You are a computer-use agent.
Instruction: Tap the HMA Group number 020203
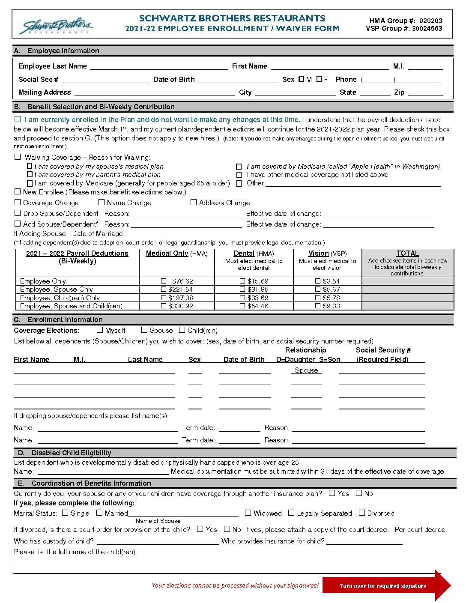click(x=430, y=21)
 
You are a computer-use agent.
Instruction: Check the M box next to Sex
click(x=302, y=79)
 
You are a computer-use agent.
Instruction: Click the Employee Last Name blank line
click(x=159, y=67)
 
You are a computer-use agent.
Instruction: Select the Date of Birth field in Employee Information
click(x=238, y=80)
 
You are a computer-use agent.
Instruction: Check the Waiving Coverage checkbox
click(x=18, y=157)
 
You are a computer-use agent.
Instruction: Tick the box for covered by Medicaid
click(x=239, y=167)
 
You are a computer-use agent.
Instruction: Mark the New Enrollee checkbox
click(x=18, y=192)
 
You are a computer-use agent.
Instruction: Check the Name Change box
click(x=102, y=202)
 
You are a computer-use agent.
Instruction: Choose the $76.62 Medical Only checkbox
click(x=164, y=281)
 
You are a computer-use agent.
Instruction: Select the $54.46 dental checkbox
click(x=243, y=306)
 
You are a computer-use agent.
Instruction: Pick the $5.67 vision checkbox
click(x=318, y=290)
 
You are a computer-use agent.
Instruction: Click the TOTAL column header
click(x=408, y=254)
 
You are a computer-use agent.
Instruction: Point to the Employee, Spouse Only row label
click(x=57, y=290)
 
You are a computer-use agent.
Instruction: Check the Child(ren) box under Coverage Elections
click(x=182, y=330)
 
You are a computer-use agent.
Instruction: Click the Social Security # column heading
click(x=383, y=350)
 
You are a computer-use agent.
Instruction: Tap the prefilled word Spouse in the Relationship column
click(x=307, y=370)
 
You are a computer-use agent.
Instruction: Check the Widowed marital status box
click(x=248, y=513)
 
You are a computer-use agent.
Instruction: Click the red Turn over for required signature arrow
click(x=385, y=586)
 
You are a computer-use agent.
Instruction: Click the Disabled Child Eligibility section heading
click(x=71, y=453)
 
